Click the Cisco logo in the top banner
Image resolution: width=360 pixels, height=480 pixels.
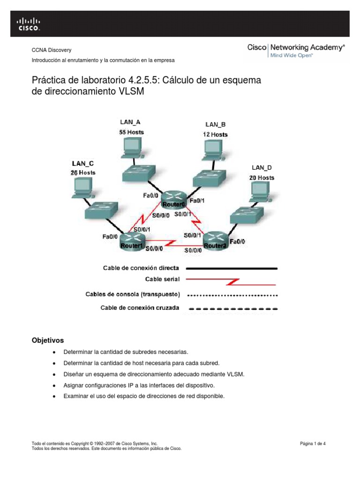click(29, 23)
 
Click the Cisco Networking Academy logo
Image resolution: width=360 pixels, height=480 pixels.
click(296, 51)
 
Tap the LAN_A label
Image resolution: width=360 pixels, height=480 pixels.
click(130, 122)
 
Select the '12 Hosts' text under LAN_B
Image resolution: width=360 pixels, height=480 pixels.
click(215, 135)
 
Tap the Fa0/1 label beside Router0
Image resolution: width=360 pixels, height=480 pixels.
click(196, 201)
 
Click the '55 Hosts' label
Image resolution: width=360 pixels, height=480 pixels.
click(131, 132)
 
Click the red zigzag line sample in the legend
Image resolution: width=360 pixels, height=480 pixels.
click(232, 282)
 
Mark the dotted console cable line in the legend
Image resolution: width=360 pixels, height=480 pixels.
click(232, 295)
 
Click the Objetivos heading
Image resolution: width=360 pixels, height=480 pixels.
click(47, 339)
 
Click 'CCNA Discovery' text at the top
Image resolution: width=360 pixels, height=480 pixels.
click(51, 50)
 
